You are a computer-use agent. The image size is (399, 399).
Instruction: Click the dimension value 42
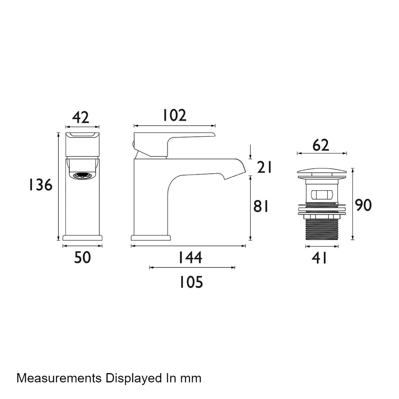click(81, 117)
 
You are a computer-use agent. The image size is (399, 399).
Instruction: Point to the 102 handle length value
click(174, 115)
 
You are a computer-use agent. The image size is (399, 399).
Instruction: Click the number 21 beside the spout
click(265, 167)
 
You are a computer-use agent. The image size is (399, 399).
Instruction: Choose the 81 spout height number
click(261, 206)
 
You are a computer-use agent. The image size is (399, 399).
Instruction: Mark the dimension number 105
click(191, 282)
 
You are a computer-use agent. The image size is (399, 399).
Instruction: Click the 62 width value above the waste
click(321, 145)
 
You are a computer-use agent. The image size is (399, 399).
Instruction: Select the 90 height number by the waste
click(364, 205)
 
